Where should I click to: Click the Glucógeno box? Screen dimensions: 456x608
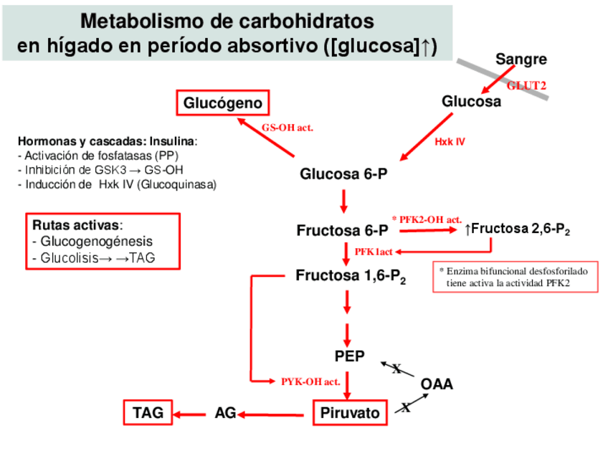[x=223, y=104]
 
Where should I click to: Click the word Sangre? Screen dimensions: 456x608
[x=521, y=60]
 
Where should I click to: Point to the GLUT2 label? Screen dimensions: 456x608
[x=526, y=85]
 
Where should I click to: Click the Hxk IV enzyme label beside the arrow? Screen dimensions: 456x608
[x=450, y=142]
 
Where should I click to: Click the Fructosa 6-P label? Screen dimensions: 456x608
[x=342, y=231]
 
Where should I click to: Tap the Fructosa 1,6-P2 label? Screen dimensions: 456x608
[x=351, y=276]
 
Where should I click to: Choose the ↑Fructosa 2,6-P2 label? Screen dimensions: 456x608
[x=517, y=229]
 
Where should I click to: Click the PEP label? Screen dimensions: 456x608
[x=349, y=356]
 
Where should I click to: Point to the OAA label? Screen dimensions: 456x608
[x=437, y=384]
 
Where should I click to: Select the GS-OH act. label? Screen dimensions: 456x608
[x=287, y=127]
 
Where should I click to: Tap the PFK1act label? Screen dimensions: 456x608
[x=373, y=251]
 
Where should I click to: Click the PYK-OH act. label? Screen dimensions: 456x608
[x=310, y=381]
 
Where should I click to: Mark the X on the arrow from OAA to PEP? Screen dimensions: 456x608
[x=396, y=369]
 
